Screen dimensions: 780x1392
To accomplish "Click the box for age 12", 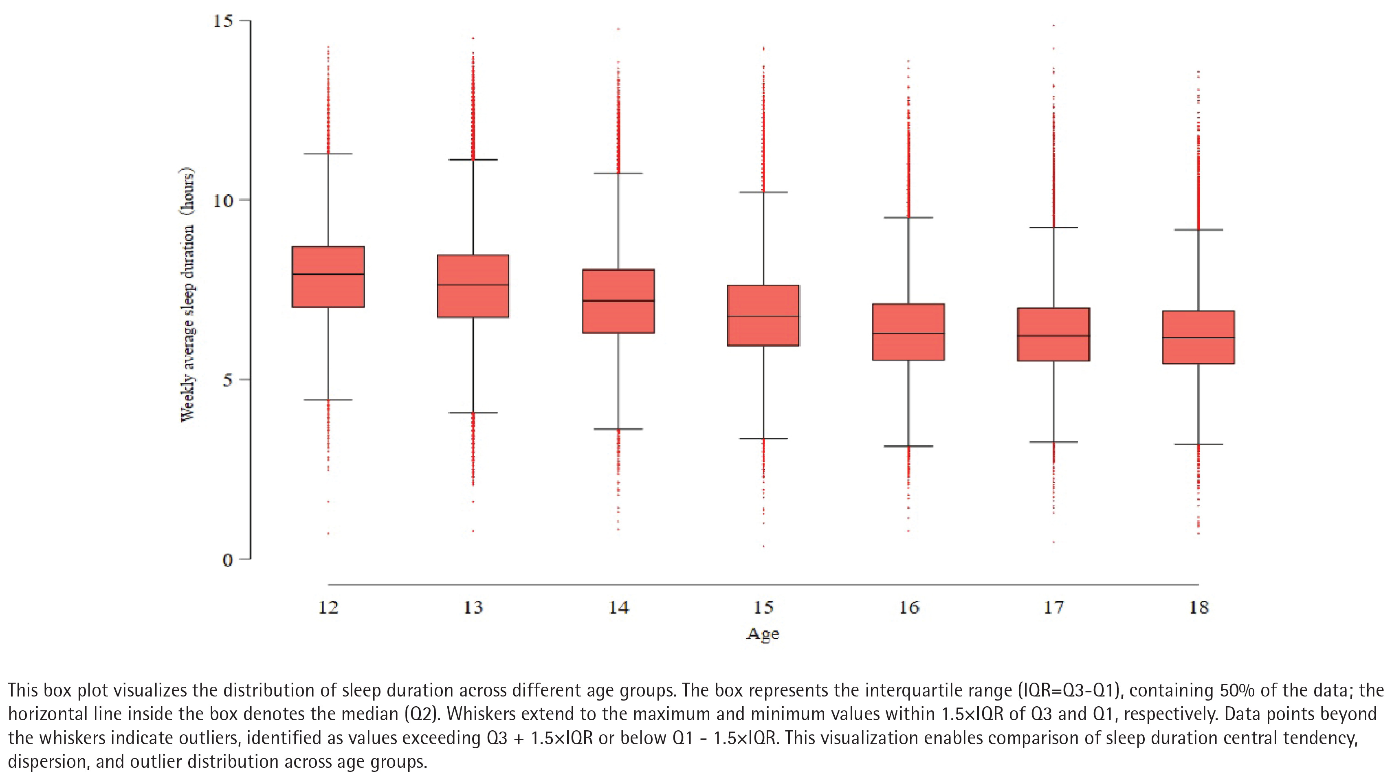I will point(328,277).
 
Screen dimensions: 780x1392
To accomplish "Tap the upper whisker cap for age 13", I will point(473,160).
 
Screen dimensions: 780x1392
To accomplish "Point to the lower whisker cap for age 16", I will point(908,446).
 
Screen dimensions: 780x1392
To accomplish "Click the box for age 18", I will point(1198,337).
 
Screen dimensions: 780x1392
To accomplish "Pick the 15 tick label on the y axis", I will point(223,21).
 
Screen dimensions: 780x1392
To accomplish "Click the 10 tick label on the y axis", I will point(223,201).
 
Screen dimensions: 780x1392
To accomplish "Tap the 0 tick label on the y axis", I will point(227,560).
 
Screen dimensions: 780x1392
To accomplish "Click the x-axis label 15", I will point(763,608).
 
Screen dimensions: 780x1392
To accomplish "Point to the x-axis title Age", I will point(763,634).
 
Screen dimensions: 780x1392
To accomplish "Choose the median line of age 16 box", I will point(908,333).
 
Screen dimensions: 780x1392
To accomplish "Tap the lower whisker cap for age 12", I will point(328,400).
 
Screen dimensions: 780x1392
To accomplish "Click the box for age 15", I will point(763,315).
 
